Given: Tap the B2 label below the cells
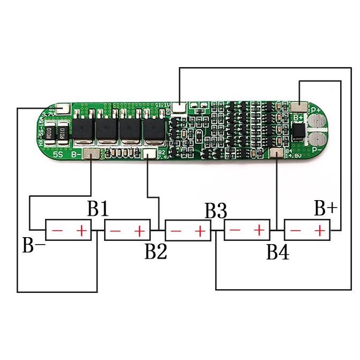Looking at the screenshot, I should coord(155,251).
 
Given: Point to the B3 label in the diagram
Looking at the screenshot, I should coord(216,210).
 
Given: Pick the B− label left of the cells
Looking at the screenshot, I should coord(33,245).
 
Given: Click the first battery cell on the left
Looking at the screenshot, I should coord(68,231).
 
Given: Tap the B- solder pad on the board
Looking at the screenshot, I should coord(92,155).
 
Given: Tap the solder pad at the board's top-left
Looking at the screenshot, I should coord(63,108).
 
